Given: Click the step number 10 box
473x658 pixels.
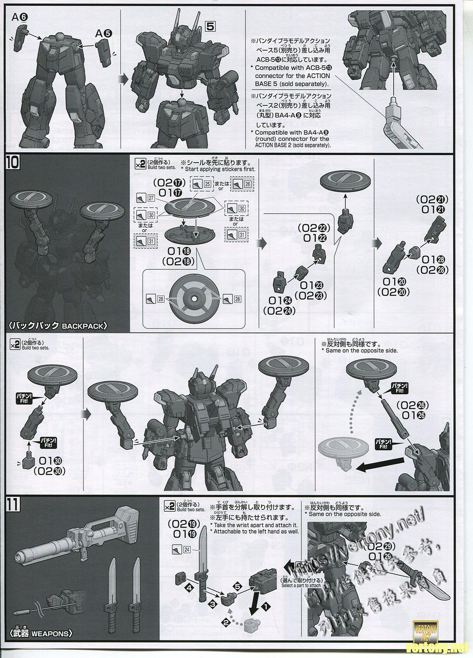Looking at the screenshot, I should [12, 163].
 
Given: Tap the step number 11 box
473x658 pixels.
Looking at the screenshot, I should [12, 505].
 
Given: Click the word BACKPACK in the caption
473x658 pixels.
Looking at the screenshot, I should [83, 326].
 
